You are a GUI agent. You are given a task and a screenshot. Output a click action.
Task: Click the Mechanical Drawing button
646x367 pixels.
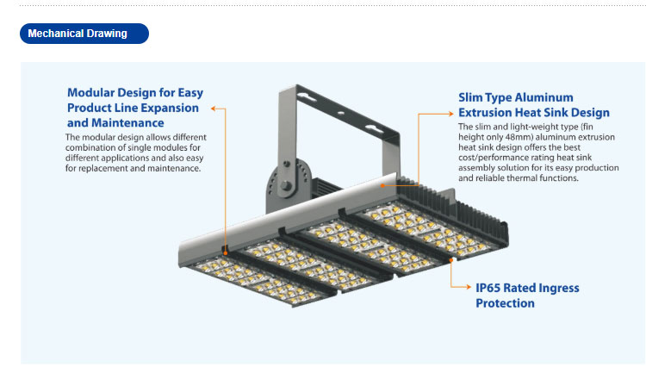(x=84, y=34)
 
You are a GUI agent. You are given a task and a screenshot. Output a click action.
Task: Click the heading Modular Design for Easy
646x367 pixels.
(x=135, y=93)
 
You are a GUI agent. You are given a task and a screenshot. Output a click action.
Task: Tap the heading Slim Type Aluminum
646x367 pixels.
(x=515, y=97)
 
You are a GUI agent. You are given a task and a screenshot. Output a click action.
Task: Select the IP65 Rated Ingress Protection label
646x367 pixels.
(x=526, y=295)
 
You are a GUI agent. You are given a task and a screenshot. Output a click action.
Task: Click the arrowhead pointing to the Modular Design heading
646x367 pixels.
(x=214, y=109)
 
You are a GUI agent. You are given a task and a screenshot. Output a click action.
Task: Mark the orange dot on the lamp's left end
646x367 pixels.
(x=226, y=252)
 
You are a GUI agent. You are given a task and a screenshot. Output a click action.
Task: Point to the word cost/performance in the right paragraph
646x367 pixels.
(x=494, y=159)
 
